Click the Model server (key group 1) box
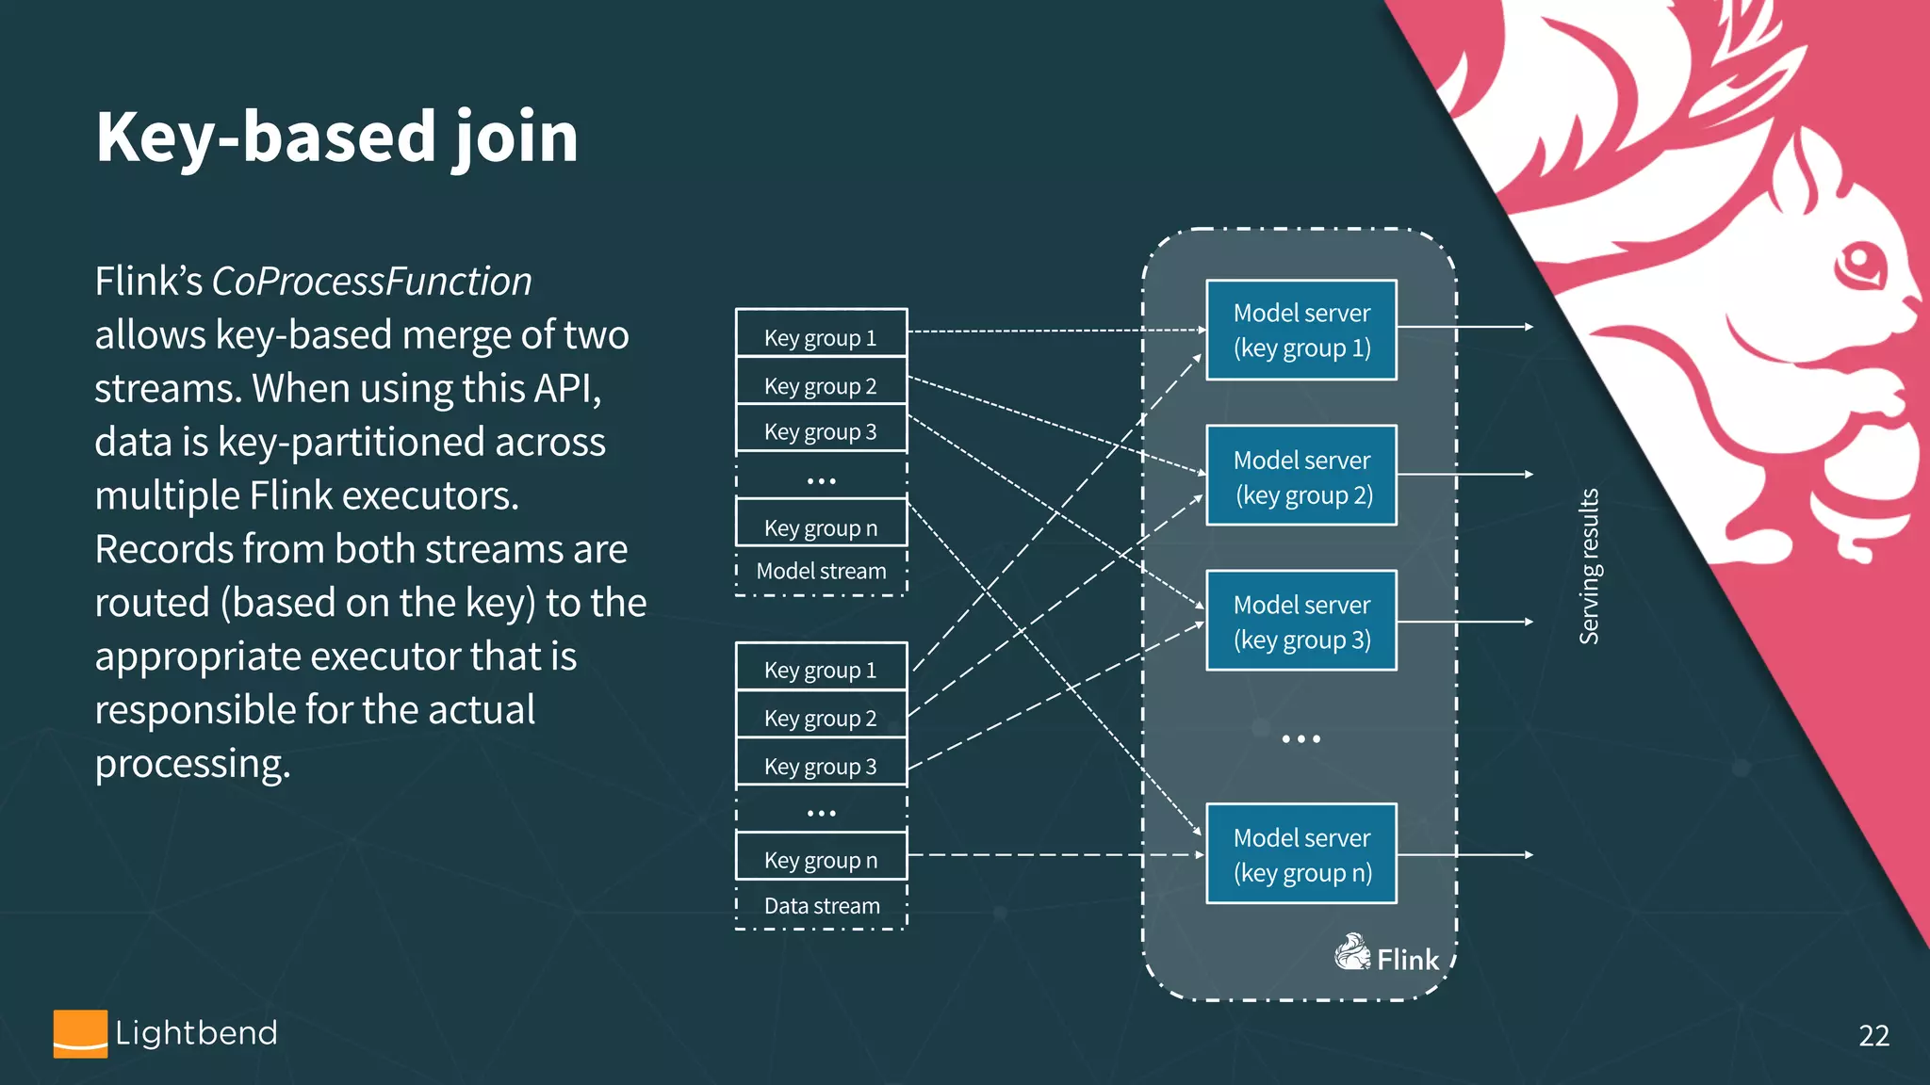1301,330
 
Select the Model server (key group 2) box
1301,476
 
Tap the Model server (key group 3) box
1301,621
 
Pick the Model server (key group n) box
1301,853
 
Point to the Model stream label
821,571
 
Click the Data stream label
822,906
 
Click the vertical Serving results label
1589,566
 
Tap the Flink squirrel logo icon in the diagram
1352,952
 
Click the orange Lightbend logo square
80,1033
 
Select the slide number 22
1873,1036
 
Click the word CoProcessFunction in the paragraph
371,282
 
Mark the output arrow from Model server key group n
1465,855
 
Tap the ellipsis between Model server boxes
1301,739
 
